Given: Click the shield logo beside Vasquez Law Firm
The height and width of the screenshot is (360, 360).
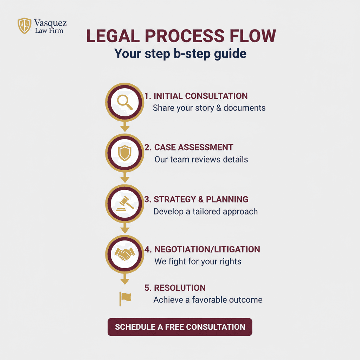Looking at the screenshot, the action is point(25,26).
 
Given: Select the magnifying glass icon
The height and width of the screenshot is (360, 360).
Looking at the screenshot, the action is point(125,102).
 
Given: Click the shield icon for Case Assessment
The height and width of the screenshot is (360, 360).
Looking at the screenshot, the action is point(125,153).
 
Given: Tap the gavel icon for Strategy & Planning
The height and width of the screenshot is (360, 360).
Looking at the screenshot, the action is point(125,204).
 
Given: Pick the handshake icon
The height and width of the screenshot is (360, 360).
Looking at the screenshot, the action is point(125,254).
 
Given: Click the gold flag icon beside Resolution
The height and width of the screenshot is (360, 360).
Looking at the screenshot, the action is point(125,299).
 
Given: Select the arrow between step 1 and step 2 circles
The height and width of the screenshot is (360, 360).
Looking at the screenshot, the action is point(125,127).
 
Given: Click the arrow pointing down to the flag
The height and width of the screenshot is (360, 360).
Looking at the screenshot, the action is point(125,279).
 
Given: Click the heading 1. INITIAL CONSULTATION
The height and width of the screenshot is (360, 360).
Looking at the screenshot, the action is point(196,96).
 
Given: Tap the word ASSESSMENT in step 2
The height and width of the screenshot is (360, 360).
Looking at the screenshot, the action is point(205,147).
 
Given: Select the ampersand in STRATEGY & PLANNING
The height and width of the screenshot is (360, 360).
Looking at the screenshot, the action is point(201,200).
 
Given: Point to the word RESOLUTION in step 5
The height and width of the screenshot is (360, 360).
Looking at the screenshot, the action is point(180,288).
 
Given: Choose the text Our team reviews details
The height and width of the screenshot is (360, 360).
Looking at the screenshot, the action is point(201,160).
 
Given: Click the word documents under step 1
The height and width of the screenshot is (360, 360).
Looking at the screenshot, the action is point(244,108).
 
